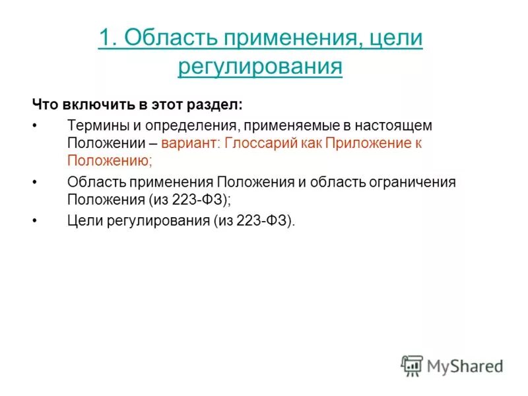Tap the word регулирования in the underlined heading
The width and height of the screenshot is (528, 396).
(x=260, y=66)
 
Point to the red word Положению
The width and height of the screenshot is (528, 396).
(x=110, y=159)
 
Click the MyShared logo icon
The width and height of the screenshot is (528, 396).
(x=412, y=365)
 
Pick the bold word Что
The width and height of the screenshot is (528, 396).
(x=46, y=105)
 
